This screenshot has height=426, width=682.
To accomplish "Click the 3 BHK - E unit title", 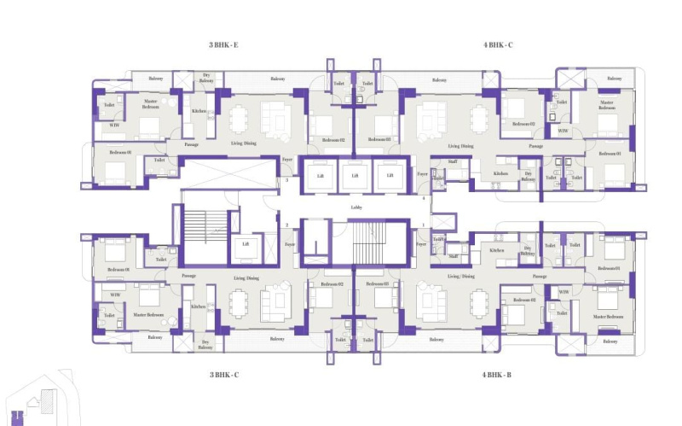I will point(223,44).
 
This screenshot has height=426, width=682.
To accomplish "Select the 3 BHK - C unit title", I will point(223,374).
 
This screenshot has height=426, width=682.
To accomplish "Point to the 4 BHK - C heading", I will point(497,44).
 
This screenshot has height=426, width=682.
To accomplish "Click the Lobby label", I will point(356,207).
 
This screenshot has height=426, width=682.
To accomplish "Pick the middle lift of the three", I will point(354,175).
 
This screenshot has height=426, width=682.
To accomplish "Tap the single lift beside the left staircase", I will point(246,244).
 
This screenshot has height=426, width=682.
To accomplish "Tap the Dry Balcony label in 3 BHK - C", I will point(205,345).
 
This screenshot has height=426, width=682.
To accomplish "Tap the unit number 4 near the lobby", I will point(424,198).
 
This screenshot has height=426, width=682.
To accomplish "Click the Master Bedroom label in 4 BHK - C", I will point(606,106).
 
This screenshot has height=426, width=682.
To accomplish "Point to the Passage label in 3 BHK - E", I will point(191,144).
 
